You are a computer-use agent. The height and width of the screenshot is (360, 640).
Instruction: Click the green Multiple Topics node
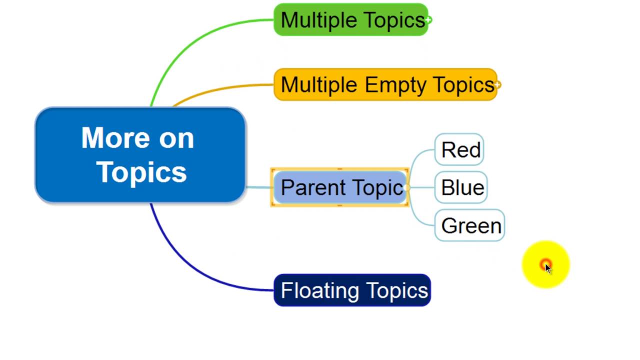tap(351, 20)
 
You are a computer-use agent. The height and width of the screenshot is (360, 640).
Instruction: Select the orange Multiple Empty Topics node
tap(385, 84)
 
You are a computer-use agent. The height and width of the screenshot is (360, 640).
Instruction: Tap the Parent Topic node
tap(340, 187)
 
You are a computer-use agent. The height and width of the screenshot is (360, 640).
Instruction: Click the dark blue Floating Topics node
tap(352, 290)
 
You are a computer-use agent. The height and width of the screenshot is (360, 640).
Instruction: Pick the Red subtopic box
tap(459, 149)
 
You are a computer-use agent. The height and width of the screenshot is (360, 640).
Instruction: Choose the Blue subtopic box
tap(461, 187)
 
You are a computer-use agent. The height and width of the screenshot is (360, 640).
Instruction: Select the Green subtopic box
tap(470, 225)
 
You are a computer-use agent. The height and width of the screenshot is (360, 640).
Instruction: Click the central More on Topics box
tap(140, 155)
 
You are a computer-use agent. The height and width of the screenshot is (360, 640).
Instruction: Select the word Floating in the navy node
tap(320, 290)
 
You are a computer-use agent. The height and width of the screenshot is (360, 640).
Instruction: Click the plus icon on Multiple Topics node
tap(428, 20)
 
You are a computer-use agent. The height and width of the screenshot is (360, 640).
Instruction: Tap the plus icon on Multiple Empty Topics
tap(497, 85)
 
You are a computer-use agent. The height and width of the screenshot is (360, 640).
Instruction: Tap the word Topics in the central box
tap(141, 171)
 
